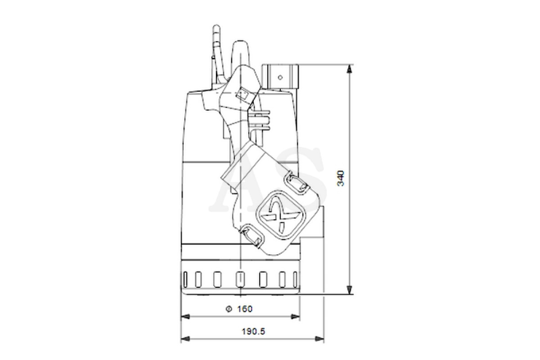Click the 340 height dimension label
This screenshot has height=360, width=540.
point(340,179)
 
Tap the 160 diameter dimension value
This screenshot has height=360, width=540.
point(245,309)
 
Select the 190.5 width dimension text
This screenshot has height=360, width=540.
point(253,332)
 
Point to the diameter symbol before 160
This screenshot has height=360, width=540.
point(229,309)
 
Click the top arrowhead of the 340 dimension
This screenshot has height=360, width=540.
point(349,68)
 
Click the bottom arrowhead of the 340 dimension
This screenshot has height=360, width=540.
point(349,290)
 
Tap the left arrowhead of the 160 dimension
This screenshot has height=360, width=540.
point(185,317)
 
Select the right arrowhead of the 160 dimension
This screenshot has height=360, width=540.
point(295,317)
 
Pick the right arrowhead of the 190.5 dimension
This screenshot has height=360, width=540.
point(319,339)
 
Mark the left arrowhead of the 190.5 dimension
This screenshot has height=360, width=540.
point(185,339)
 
